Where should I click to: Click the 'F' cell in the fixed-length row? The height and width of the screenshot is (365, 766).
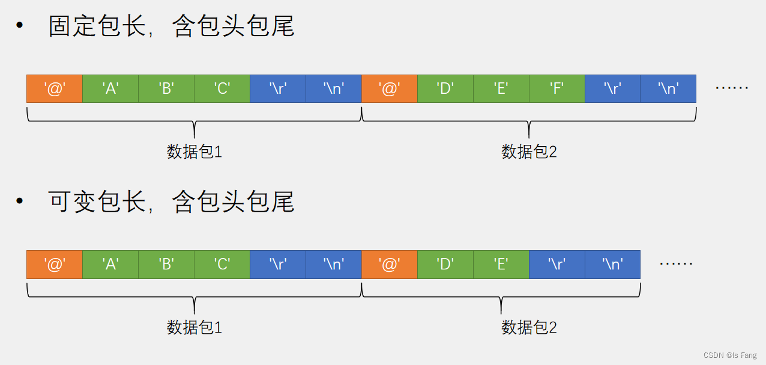tap(556, 88)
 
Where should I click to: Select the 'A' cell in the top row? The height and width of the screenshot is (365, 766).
tap(110, 88)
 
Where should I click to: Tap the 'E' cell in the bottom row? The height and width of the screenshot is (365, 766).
tap(501, 265)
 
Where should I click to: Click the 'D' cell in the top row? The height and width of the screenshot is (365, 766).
tap(445, 88)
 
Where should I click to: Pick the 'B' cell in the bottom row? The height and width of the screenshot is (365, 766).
tap(166, 265)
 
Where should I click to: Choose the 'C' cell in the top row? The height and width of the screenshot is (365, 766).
tap(222, 88)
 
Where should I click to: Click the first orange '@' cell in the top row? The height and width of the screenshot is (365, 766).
tap(55, 88)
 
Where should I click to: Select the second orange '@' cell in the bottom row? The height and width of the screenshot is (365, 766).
tap(389, 265)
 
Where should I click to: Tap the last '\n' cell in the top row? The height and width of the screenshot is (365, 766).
tap(668, 88)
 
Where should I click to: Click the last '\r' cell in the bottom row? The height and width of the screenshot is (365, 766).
tap(556, 265)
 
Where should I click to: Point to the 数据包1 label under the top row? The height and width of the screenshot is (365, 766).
tap(194, 152)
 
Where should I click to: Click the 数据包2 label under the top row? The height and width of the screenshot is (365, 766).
tap(529, 152)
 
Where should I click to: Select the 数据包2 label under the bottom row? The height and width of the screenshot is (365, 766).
tap(529, 328)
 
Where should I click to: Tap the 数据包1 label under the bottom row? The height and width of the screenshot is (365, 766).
tap(194, 328)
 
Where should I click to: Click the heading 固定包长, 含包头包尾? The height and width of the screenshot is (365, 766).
tap(171, 27)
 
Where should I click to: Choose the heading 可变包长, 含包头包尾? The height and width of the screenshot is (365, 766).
tap(171, 202)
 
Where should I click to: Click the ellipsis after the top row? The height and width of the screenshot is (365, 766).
tap(732, 88)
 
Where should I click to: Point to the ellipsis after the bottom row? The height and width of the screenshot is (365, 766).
tap(676, 264)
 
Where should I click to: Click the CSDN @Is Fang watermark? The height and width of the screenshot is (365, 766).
tap(730, 355)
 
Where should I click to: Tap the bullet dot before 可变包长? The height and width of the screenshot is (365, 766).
tap(20, 201)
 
